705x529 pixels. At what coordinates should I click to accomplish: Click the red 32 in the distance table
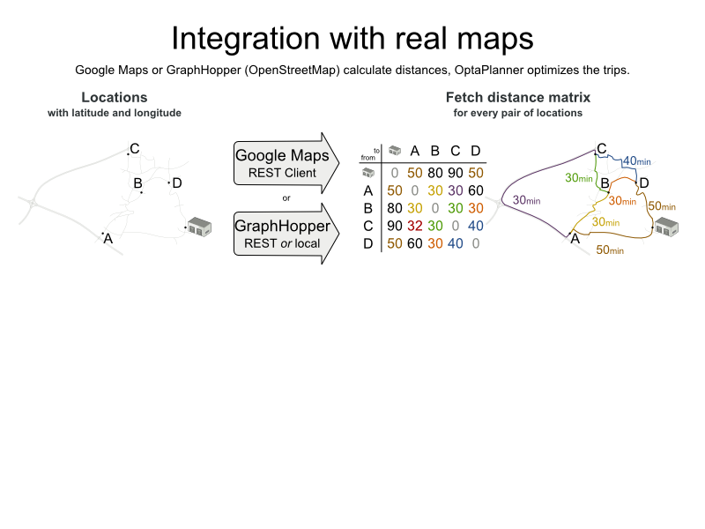coord(415,225)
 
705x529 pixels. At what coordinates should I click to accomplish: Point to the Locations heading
coord(115,97)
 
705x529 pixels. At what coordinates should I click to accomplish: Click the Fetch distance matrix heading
coord(518,97)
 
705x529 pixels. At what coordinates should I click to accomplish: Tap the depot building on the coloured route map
coord(667,226)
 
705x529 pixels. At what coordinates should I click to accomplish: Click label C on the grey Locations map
coord(135,148)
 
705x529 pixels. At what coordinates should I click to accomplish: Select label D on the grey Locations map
coord(177,183)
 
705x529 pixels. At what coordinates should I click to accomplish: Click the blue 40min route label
coord(636,161)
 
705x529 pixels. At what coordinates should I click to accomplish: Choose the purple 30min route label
coord(526,200)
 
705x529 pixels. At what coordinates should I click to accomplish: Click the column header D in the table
coord(475,152)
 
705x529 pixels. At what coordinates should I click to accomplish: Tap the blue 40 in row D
coord(456,242)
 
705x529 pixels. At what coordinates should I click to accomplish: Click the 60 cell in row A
coord(475,190)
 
